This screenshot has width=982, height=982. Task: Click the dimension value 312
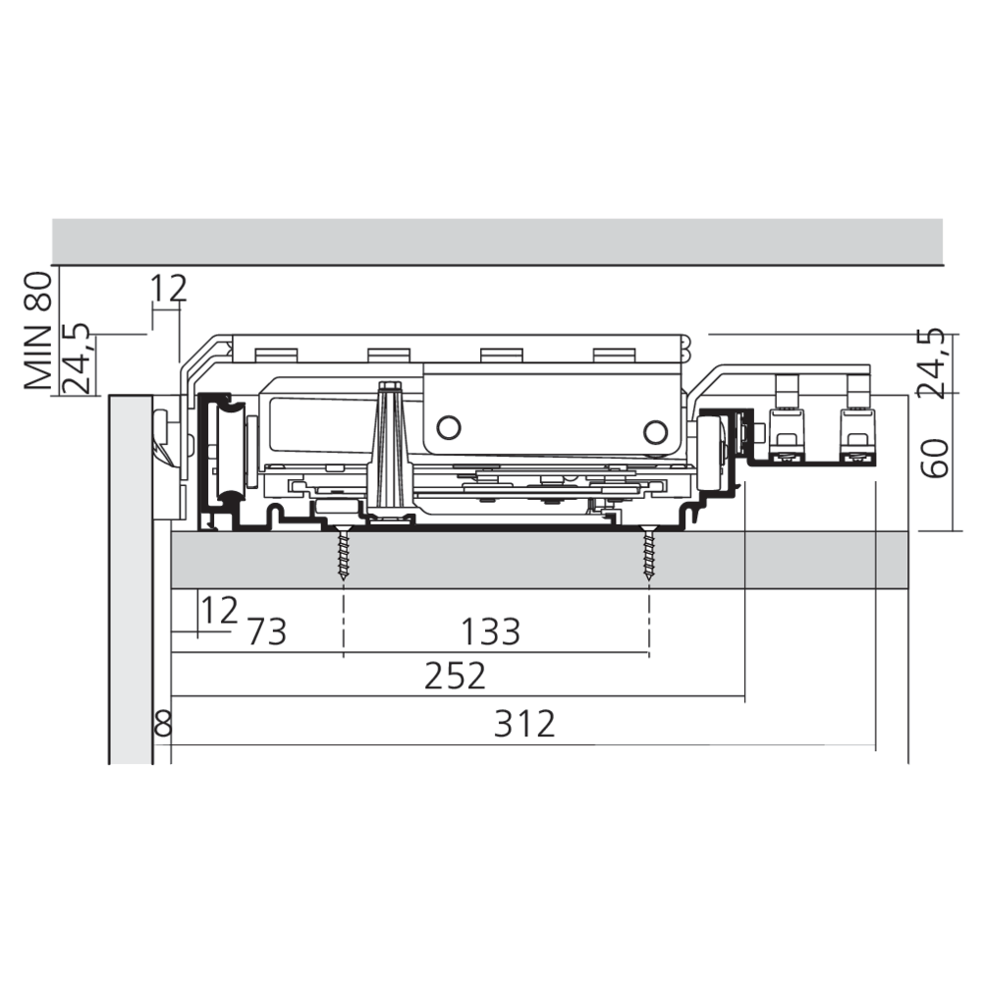(x=524, y=724)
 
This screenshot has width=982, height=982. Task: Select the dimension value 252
(x=455, y=676)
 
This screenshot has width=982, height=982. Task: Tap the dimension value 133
(x=490, y=631)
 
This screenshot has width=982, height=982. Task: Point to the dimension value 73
(x=267, y=631)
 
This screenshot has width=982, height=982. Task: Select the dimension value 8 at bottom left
(x=163, y=724)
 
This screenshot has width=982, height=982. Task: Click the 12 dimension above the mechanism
(x=169, y=288)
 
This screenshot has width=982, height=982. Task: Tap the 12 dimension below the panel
(x=219, y=610)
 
